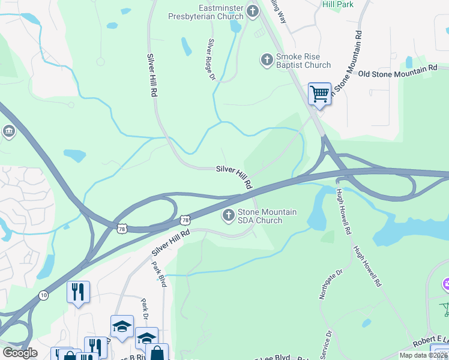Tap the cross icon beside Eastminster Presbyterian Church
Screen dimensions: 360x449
click(252, 10)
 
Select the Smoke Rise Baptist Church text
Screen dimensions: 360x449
click(303, 61)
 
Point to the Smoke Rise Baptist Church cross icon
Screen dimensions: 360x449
click(267, 59)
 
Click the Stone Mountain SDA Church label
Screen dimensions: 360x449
click(267, 216)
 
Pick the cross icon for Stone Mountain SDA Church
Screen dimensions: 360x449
click(228, 215)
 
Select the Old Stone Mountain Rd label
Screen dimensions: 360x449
click(397, 71)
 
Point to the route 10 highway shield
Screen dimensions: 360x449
click(43, 295)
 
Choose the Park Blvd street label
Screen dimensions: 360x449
click(158, 274)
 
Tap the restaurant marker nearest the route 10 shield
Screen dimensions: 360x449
click(78, 292)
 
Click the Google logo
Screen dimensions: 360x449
click(20, 353)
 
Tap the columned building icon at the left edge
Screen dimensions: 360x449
click(8, 131)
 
